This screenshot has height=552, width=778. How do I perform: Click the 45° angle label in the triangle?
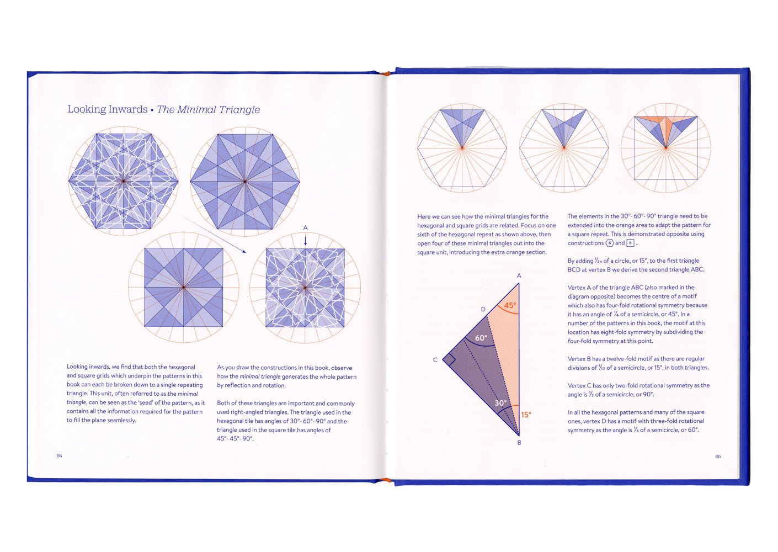510,305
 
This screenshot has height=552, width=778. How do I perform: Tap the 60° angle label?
481,338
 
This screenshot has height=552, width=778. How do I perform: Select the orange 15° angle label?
526,415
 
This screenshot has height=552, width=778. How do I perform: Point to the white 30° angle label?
500,403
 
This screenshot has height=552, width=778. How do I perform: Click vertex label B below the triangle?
519,443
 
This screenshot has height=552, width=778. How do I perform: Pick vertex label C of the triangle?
435,360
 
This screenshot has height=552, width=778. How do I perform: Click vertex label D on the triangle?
483,309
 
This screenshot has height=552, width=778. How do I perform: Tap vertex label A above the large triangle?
519,276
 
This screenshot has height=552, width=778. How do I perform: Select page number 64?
60,456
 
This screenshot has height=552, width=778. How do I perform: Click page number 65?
718,457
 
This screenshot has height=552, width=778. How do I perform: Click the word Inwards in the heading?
128,109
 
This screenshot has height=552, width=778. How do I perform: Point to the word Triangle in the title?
239,110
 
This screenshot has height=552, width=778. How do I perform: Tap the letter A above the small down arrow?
305,228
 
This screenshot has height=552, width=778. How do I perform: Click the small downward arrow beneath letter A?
305,241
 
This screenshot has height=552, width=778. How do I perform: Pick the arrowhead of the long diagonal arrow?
244,252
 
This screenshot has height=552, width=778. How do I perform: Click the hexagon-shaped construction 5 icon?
610,243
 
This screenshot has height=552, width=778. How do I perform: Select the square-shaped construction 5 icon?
630,243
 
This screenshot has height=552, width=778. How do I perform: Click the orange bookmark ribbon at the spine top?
386,73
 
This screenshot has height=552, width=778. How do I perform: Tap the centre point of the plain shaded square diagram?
183,287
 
